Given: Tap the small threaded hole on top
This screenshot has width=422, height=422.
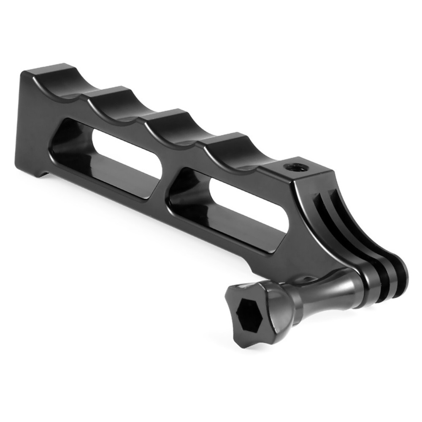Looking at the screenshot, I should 291,167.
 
